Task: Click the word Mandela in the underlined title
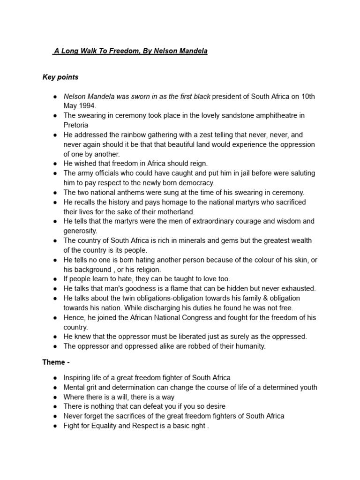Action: [192, 51]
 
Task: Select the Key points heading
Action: [60, 77]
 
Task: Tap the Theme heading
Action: [53, 362]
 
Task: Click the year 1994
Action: [86, 106]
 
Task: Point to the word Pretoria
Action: [76, 125]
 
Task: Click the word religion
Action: [146, 270]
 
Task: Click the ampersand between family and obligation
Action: [248, 298]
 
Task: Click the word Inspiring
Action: [78, 377]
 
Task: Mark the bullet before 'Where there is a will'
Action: [55, 397]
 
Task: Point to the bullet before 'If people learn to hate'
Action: [55, 279]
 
